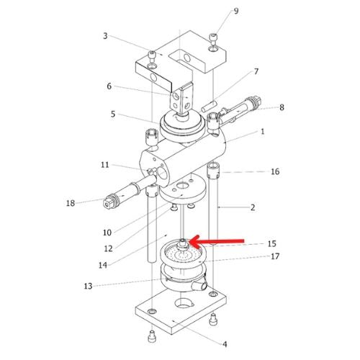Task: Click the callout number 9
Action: pyautogui.click(x=236, y=11)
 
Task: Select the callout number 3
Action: pyautogui.click(x=105, y=36)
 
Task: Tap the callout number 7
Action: pyautogui.click(x=256, y=71)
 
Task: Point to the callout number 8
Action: pyautogui.click(x=282, y=107)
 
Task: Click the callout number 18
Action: pyautogui.click(x=71, y=203)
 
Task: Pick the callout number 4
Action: pyautogui.click(x=225, y=344)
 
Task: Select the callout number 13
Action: pyautogui.click(x=88, y=286)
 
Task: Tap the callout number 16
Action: pyautogui.click(x=275, y=171)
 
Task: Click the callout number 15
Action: pyautogui.click(x=272, y=244)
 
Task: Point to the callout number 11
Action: pyautogui.click(x=105, y=165)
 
